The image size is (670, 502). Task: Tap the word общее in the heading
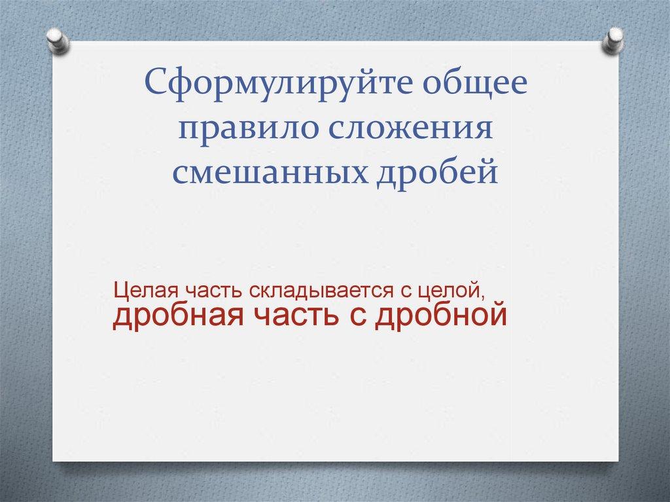[x=476, y=81]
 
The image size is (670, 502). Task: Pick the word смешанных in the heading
[x=270, y=172]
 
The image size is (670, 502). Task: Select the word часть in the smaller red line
[x=214, y=291]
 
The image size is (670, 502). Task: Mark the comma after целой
[x=485, y=298]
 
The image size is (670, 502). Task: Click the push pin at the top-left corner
[x=58, y=41]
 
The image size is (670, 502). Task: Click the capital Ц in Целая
[x=120, y=292]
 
